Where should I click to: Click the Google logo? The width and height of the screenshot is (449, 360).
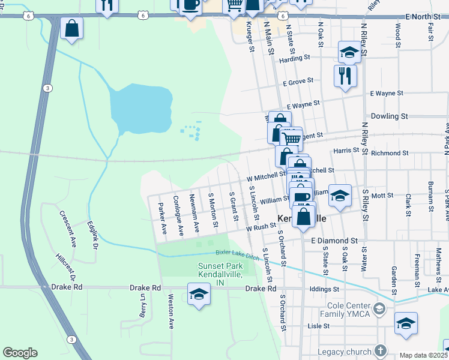[20, 353]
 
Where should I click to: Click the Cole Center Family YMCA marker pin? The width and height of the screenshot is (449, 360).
[379, 309]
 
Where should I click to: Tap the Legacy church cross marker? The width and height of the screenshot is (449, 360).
[380, 350]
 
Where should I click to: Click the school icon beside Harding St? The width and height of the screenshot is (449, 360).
[349, 53]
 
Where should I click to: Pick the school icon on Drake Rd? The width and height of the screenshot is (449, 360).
[199, 294]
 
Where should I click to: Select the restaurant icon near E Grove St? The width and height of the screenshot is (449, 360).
[345, 76]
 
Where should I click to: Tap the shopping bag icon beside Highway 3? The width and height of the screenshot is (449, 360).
[71, 28]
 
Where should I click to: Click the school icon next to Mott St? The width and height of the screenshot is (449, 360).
[339, 196]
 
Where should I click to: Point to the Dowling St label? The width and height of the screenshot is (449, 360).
[390, 116]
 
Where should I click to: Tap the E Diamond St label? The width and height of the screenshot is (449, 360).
[334, 240]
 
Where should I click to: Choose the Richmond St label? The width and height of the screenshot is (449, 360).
[390, 153]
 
